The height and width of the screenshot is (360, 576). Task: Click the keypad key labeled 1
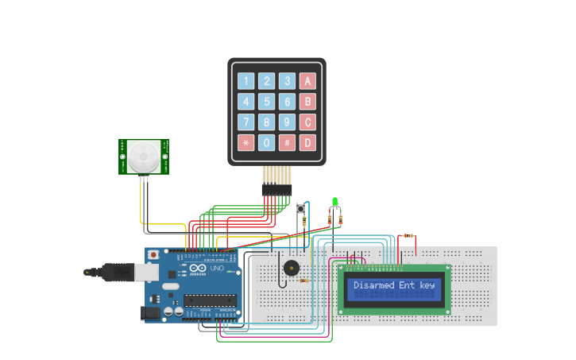(246, 81)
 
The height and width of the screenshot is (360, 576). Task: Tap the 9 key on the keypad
(287, 122)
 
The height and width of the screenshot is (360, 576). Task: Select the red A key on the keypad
(307, 81)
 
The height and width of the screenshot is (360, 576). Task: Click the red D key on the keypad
(307, 143)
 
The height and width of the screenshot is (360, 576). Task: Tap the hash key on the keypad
(287, 143)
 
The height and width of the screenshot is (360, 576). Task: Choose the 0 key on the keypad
(267, 143)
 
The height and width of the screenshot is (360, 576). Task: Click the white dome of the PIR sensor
(145, 156)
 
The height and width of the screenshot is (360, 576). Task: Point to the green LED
(335, 202)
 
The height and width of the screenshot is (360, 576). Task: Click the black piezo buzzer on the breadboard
(292, 268)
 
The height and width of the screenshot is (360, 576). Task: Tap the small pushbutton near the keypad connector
(300, 209)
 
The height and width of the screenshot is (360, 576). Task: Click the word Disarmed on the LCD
(373, 285)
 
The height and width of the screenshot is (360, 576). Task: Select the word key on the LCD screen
(427, 285)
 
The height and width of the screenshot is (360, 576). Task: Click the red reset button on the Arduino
(153, 254)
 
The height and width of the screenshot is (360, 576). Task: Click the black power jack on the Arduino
(150, 313)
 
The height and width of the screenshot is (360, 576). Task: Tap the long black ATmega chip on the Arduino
(211, 300)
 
